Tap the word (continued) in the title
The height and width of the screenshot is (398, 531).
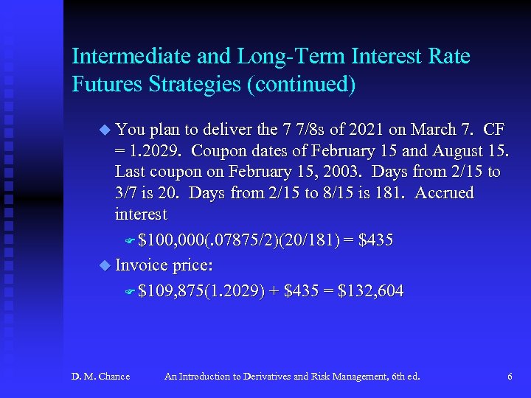pyautogui.click(x=302, y=85)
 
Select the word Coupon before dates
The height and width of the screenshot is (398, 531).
pyautogui.click(x=221, y=151)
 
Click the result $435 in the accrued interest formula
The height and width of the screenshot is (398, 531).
pyautogui.click(x=375, y=240)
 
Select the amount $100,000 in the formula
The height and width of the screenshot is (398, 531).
pyautogui.click(x=164, y=240)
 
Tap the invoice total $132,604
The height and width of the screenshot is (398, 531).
pyautogui.click(x=370, y=291)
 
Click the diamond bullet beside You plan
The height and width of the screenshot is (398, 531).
pyautogui.click(x=104, y=130)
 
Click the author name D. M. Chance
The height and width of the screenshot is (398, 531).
pyautogui.click(x=100, y=377)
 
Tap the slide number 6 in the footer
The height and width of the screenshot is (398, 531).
pyautogui.click(x=510, y=377)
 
